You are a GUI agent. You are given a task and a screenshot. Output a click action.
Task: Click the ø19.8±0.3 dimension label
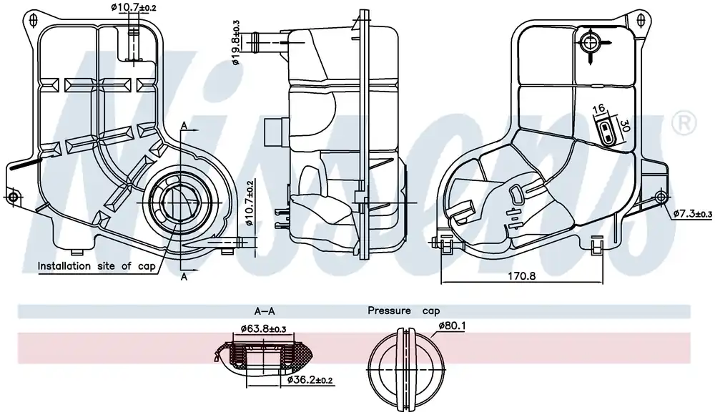(x=236, y=43)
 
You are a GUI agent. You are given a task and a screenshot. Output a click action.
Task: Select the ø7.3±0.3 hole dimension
(x=693, y=213)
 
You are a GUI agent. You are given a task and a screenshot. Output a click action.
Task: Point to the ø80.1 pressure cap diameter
(x=452, y=326)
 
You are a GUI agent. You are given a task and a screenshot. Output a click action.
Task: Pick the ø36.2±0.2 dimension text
(x=310, y=380)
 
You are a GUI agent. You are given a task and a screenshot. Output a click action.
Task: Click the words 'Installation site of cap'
(x=97, y=265)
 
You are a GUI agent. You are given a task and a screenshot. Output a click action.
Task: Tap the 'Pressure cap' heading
(x=403, y=311)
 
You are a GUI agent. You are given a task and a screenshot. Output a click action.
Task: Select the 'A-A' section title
(x=265, y=311)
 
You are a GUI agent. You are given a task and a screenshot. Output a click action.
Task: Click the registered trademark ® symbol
(x=684, y=123)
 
